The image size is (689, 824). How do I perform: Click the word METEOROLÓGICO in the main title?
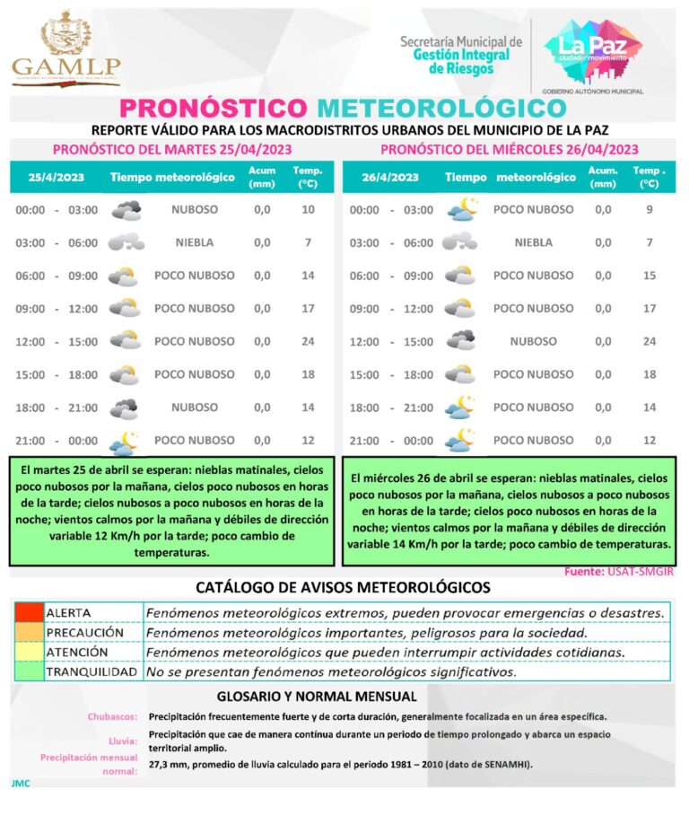point(441,108)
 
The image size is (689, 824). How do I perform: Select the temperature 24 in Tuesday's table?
point(308,341)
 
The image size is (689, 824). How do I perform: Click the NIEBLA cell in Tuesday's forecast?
point(194,242)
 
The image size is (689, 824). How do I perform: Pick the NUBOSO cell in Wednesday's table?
point(533,341)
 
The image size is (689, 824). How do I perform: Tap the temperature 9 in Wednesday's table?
point(650,209)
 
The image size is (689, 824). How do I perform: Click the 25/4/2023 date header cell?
point(56,177)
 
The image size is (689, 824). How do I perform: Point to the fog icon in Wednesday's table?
point(461,242)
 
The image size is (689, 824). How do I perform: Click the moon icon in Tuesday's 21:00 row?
point(124,441)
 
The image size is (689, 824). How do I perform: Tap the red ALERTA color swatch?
point(29,612)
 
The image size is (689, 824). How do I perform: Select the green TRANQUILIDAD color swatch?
point(29,671)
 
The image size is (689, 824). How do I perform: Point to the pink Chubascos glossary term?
point(112,717)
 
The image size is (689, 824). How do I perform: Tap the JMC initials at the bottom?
point(21,783)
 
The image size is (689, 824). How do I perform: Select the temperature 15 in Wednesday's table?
point(650,276)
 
